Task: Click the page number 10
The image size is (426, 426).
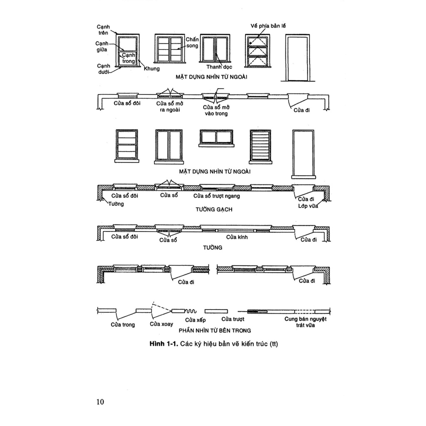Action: click(x=99, y=401)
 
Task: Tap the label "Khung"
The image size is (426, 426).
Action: click(x=152, y=69)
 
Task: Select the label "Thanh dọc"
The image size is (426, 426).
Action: click(x=219, y=67)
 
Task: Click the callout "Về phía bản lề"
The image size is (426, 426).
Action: click(x=268, y=26)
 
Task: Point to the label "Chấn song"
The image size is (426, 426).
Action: click(x=192, y=42)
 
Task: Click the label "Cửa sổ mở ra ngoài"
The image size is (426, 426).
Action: click(x=169, y=106)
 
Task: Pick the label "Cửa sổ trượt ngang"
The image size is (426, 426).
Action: click(x=216, y=196)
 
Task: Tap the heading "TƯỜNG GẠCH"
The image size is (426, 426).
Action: click(x=214, y=209)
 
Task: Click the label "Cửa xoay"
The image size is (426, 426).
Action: click(x=160, y=324)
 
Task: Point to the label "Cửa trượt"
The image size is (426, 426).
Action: click(x=233, y=319)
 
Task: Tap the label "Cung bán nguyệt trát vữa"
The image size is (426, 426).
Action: click(x=306, y=322)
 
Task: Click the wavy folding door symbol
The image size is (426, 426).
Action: click(x=191, y=311)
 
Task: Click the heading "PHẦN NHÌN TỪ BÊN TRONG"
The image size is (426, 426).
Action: click(x=214, y=331)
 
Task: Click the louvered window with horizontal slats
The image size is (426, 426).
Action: click(x=260, y=145)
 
